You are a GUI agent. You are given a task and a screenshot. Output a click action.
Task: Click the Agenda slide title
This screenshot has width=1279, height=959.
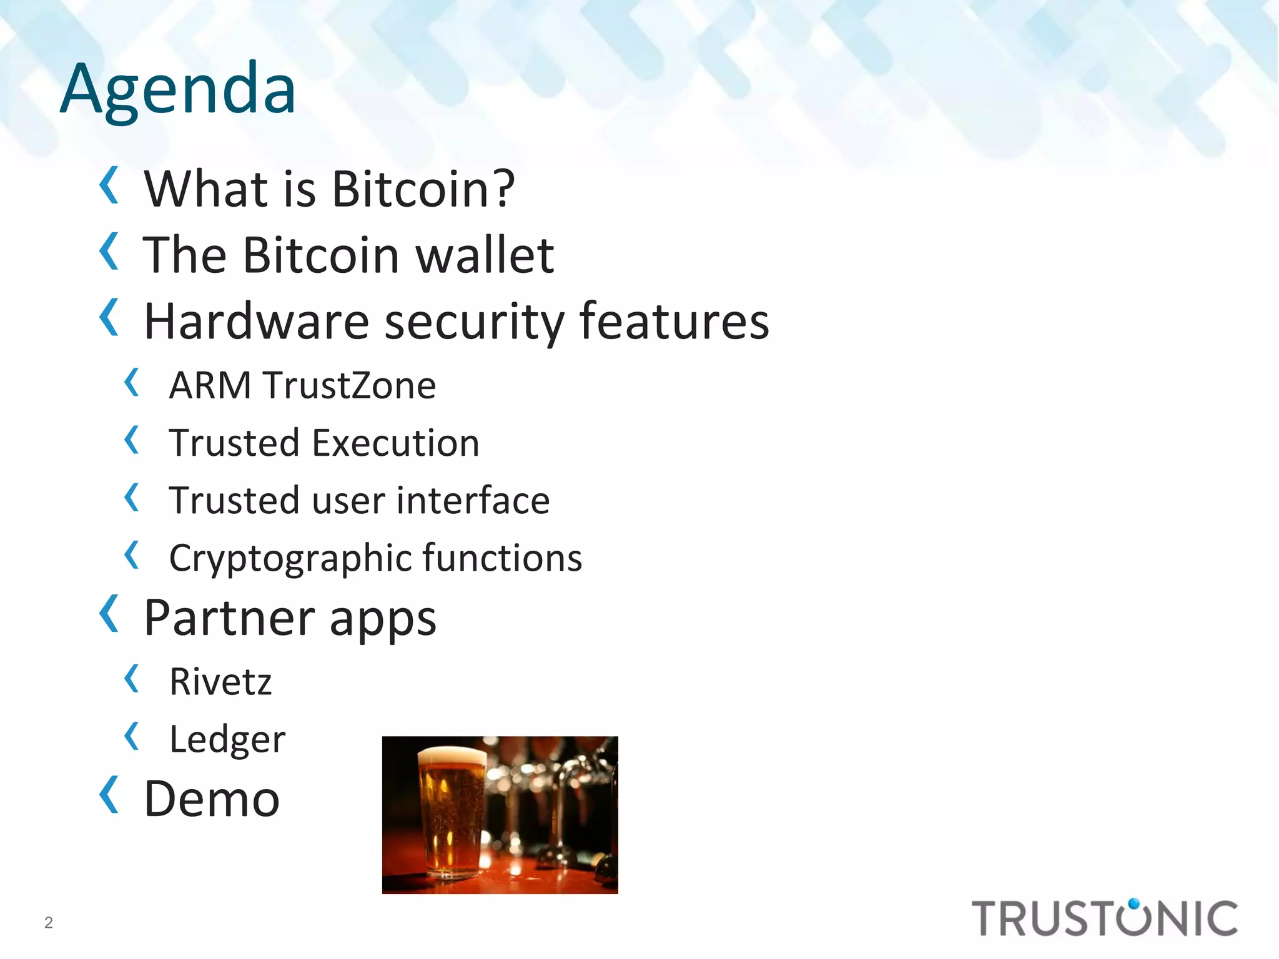point(178,89)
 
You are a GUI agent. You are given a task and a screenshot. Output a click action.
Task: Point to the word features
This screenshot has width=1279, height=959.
point(674,322)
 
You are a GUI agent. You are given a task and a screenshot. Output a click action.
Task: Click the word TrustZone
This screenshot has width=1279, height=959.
point(349,385)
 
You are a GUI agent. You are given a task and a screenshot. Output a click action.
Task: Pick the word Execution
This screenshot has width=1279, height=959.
point(395,443)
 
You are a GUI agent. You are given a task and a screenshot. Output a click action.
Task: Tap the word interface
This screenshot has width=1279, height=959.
point(473,501)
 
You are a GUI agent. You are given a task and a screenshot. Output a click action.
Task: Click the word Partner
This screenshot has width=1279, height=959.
point(230,618)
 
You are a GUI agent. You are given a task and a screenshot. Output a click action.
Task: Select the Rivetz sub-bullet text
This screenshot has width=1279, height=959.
point(220,681)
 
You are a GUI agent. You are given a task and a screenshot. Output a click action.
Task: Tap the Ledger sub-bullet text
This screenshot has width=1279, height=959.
point(227,740)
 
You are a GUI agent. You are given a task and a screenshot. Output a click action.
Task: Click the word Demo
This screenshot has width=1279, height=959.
point(212,799)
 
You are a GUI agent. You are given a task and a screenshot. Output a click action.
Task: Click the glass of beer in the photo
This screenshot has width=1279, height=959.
point(451,812)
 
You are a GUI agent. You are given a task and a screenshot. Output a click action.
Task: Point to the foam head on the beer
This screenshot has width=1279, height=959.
point(452,755)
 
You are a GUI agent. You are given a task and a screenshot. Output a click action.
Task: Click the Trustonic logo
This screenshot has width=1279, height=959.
point(1104,918)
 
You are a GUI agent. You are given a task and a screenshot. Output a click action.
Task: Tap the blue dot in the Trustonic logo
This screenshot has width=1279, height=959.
point(1134,903)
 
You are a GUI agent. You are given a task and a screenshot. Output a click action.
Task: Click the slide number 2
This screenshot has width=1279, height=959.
point(49,922)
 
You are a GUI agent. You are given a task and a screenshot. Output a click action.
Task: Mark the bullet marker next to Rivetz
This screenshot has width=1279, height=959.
point(131,679)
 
